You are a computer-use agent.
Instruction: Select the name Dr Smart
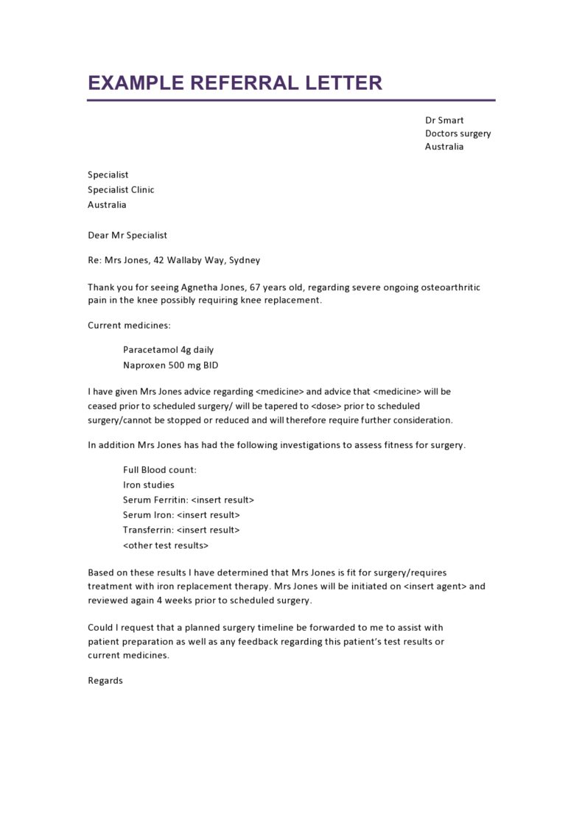point(444,120)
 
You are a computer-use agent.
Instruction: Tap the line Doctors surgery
point(457,133)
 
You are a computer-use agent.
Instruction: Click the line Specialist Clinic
point(121,189)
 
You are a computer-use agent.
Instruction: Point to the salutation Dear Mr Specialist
point(127,235)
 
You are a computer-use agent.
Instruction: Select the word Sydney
point(245,260)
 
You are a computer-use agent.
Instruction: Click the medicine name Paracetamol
point(150,350)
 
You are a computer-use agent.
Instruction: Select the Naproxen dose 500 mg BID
point(194,365)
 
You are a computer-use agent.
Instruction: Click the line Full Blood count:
point(160,470)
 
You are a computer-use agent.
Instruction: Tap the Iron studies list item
point(149,485)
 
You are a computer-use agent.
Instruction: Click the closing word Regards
point(105,681)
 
